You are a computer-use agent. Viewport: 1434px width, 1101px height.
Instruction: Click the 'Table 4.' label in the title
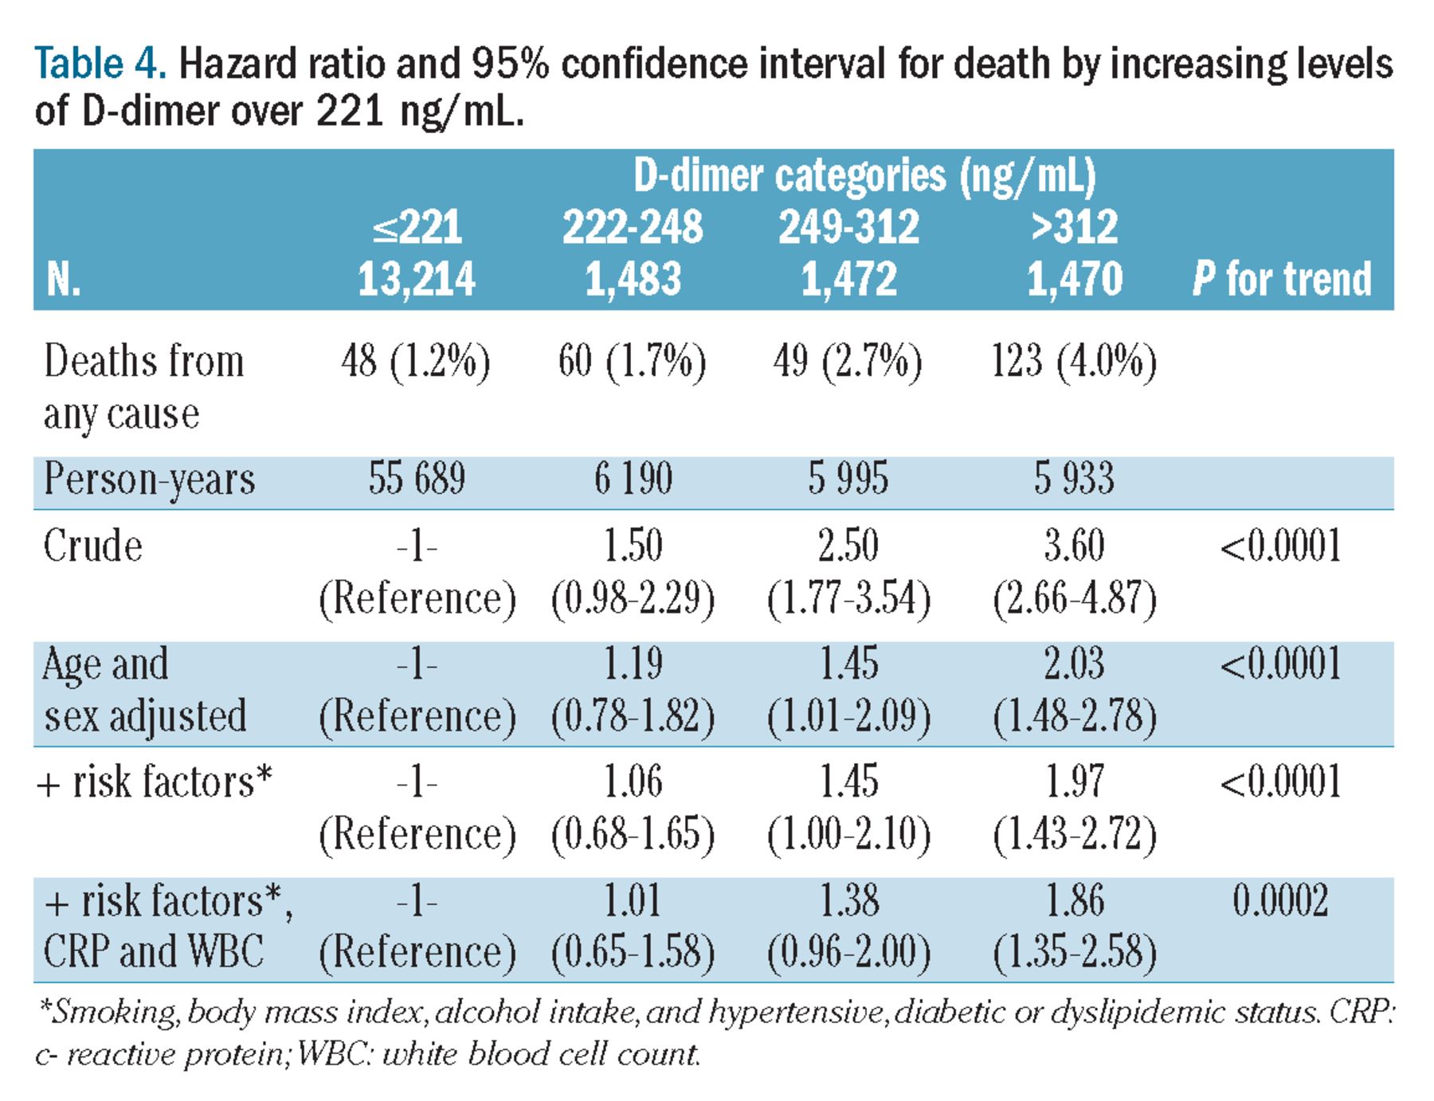pyautogui.click(x=100, y=64)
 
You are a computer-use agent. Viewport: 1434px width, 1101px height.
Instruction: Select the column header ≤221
pyautogui.click(x=417, y=227)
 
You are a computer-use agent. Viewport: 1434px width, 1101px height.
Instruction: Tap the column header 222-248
pyautogui.click(x=633, y=227)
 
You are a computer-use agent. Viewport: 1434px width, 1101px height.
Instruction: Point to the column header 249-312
pyautogui.click(x=848, y=227)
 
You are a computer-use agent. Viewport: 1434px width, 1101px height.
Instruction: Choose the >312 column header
pyautogui.click(x=1074, y=227)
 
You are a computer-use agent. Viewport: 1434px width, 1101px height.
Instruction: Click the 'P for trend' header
pyautogui.click(x=1282, y=280)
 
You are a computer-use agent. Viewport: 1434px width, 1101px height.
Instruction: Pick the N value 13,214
pyautogui.click(x=417, y=280)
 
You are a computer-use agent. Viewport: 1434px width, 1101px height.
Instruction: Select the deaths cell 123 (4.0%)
pyautogui.click(x=1074, y=361)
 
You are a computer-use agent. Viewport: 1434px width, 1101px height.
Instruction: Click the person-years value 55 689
pyautogui.click(x=417, y=479)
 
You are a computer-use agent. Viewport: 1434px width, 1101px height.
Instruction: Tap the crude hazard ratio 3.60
pyautogui.click(x=1074, y=547)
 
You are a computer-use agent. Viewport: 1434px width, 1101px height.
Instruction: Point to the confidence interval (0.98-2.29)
pyautogui.click(x=633, y=598)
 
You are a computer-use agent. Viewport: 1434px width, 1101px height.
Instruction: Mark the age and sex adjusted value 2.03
pyautogui.click(x=1074, y=664)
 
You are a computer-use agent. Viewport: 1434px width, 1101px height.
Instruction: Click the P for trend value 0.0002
pyautogui.click(x=1280, y=901)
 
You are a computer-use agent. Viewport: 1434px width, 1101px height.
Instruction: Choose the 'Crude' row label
pyautogui.click(x=92, y=547)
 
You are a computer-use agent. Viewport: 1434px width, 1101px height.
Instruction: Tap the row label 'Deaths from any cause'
pyautogui.click(x=143, y=386)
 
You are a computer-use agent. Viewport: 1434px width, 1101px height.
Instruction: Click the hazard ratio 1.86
pyautogui.click(x=1074, y=901)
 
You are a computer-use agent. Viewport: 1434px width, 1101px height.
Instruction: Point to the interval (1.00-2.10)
pyautogui.click(x=848, y=834)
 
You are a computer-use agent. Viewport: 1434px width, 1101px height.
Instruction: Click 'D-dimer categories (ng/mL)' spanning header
pyautogui.click(x=864, y=175)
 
